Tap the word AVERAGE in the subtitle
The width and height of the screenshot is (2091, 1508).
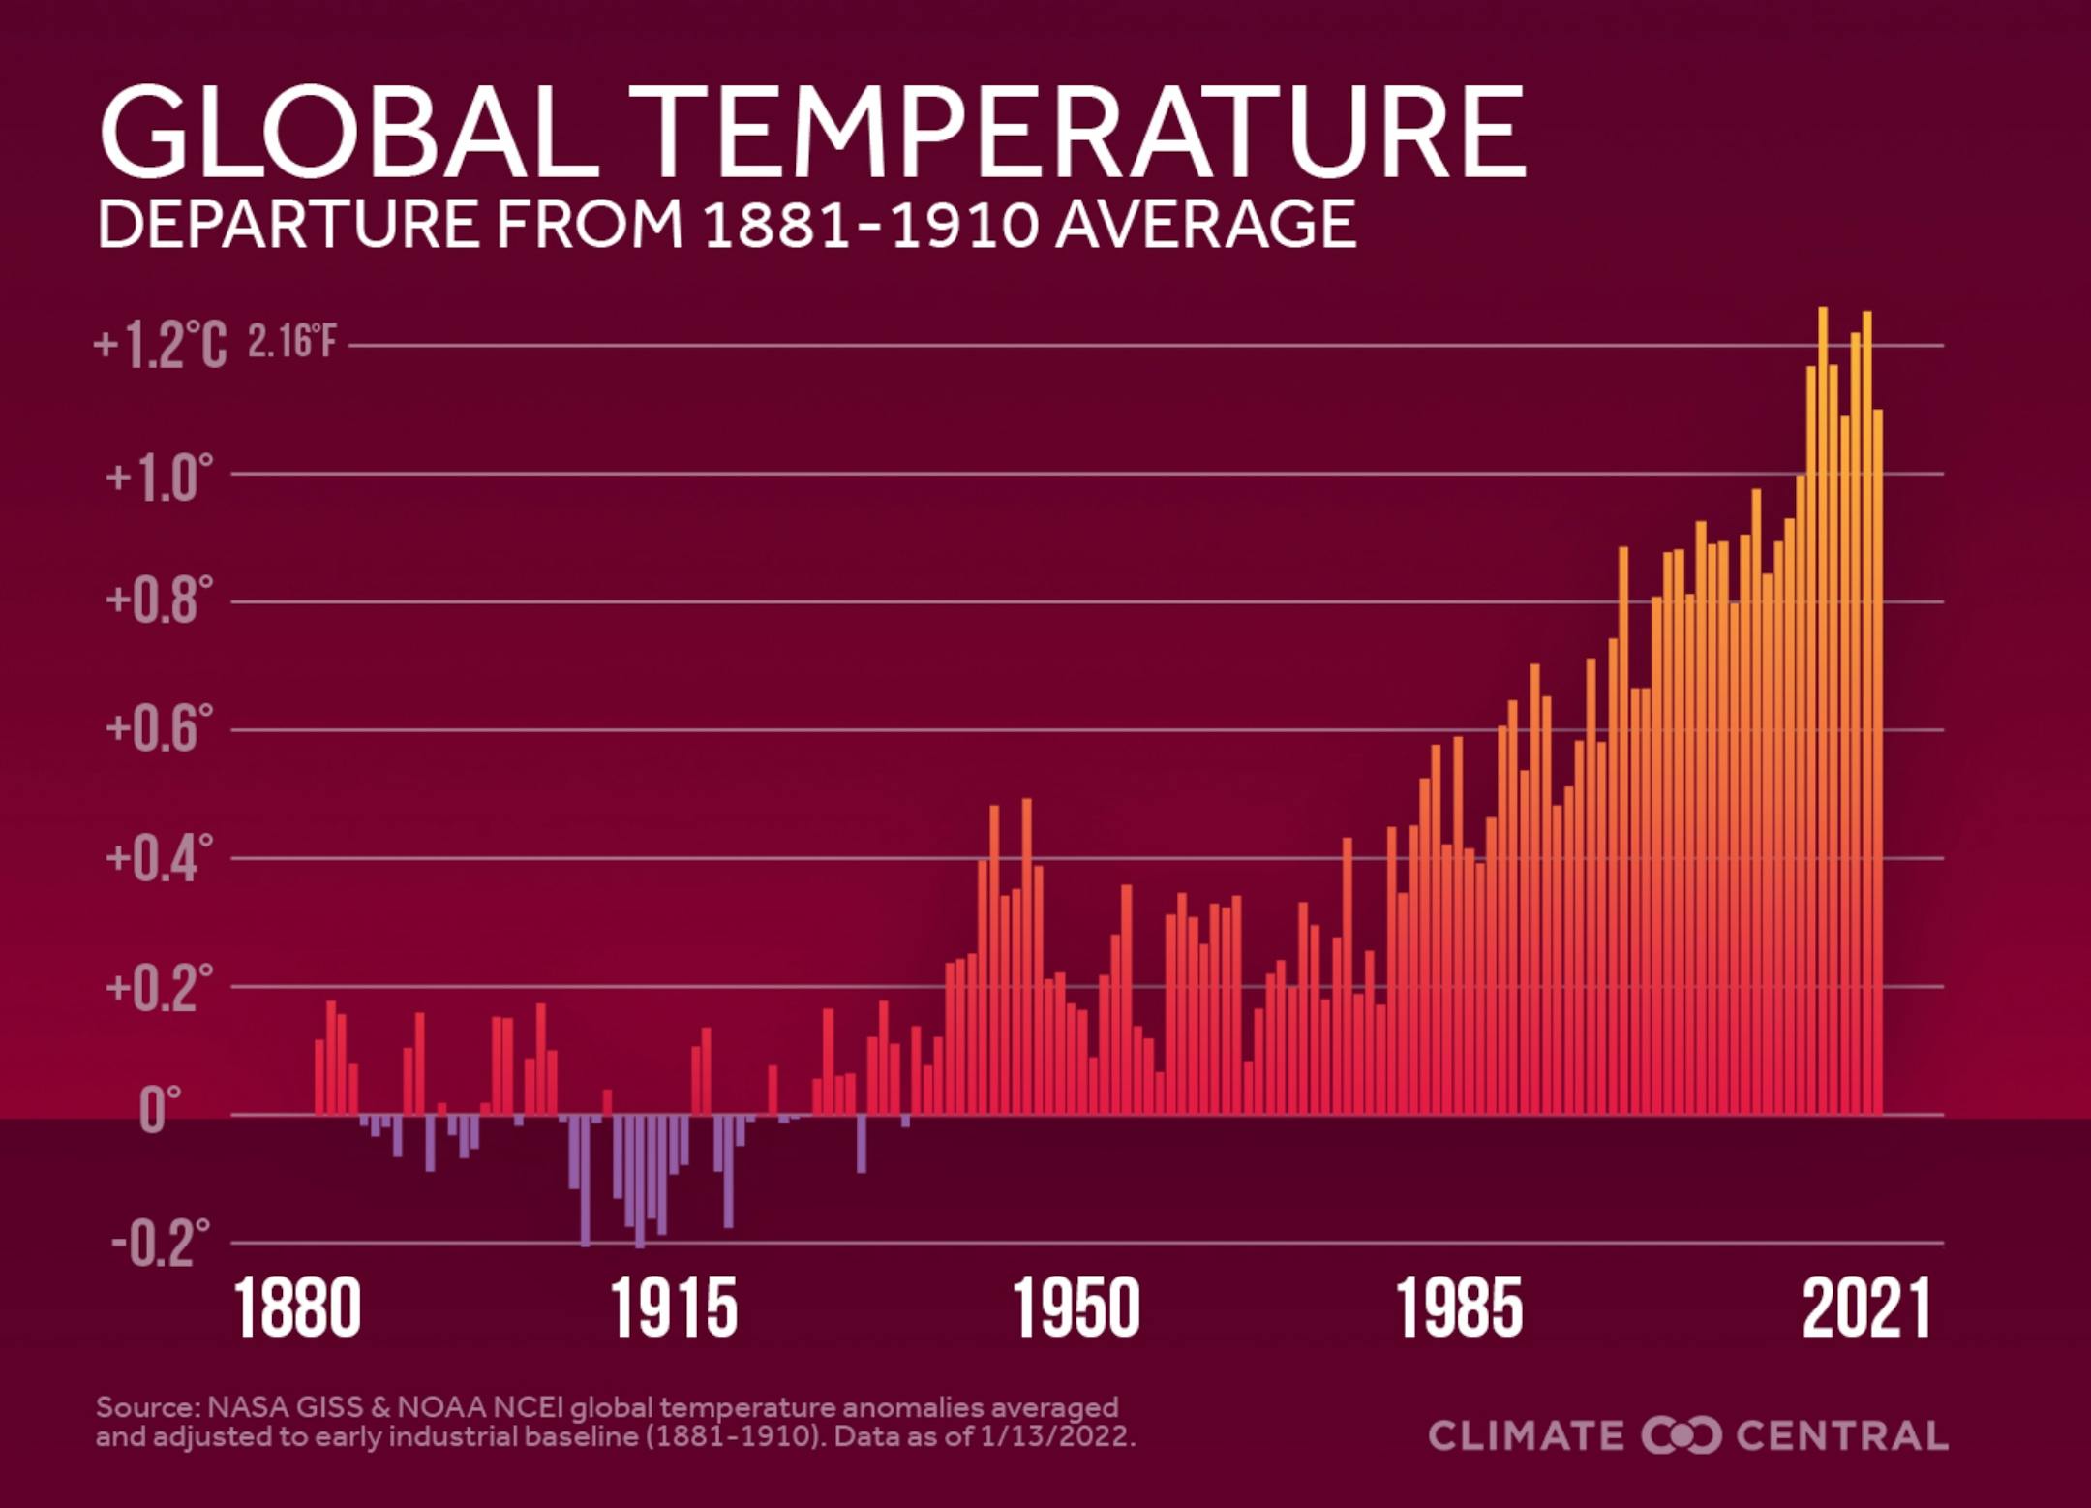click(1205, 224)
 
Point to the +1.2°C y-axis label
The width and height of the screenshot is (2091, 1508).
click(160, 345)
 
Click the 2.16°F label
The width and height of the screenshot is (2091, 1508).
click(291, 342)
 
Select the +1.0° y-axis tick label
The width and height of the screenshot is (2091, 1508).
click(159, 476)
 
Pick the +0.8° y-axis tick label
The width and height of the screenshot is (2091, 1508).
click(159, 602)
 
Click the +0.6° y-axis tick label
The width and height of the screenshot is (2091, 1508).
click(159, 729)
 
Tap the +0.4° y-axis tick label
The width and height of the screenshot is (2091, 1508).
click(159, 858)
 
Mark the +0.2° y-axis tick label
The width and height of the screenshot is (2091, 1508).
click(159, 987)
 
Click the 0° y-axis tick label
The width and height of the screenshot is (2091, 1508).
click(160, 1111)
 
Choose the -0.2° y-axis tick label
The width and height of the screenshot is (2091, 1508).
click(160, 1244)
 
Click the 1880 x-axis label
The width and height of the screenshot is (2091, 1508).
click(297, 1309)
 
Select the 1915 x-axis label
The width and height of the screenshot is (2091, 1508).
click(674, 1309)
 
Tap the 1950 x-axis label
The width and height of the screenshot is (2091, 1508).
click(1076, 1309)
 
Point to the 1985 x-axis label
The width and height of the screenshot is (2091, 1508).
click(1459, 1309)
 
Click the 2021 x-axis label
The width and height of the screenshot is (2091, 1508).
click(1865, 1309)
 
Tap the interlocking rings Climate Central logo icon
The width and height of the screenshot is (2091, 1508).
click(1681, 1435)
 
